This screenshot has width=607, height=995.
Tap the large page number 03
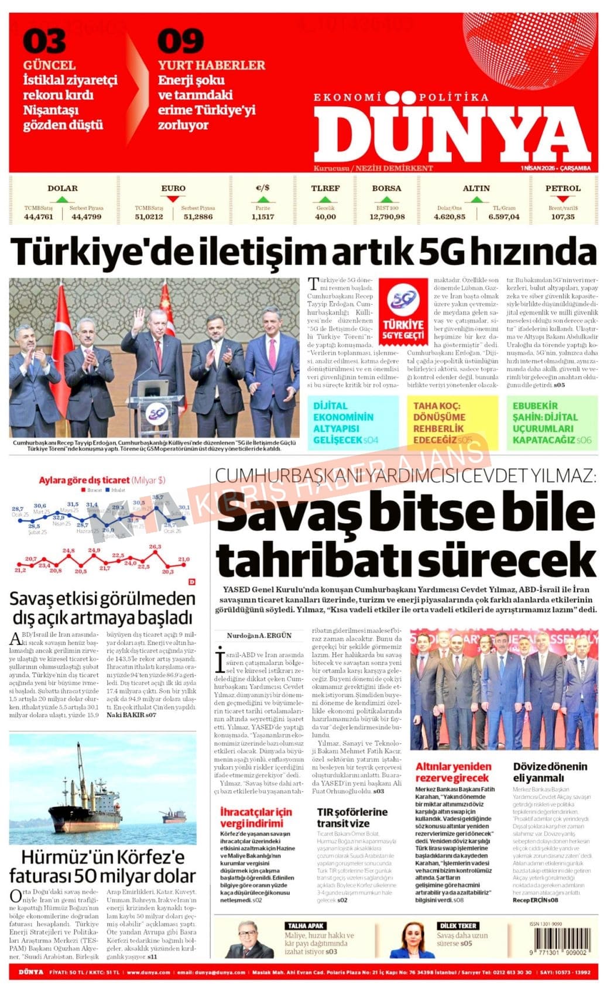(x=44, y=42)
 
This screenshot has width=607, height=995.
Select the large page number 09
(x=180, y=42)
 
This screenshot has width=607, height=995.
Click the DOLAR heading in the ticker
(x=62, y=188)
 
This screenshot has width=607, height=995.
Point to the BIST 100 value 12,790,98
(x=387, y=217)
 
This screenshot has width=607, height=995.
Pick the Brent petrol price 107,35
(x=563, y=217)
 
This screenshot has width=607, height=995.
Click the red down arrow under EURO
(x=173, y=199)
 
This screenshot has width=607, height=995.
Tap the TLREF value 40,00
(x=325, y=217)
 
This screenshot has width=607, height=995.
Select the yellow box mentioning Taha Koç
(x=452, y=422)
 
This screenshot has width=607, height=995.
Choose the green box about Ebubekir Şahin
(x=551, y=422)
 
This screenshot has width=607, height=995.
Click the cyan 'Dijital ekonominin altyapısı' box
(x=352, y=422)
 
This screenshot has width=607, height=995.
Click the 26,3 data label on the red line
(x=155, y=547)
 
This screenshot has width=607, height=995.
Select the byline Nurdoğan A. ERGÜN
(x=259, y=635)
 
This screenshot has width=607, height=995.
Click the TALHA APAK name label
(x=305, y=925)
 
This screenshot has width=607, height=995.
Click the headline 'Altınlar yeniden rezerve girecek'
(x=454, y=771)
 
